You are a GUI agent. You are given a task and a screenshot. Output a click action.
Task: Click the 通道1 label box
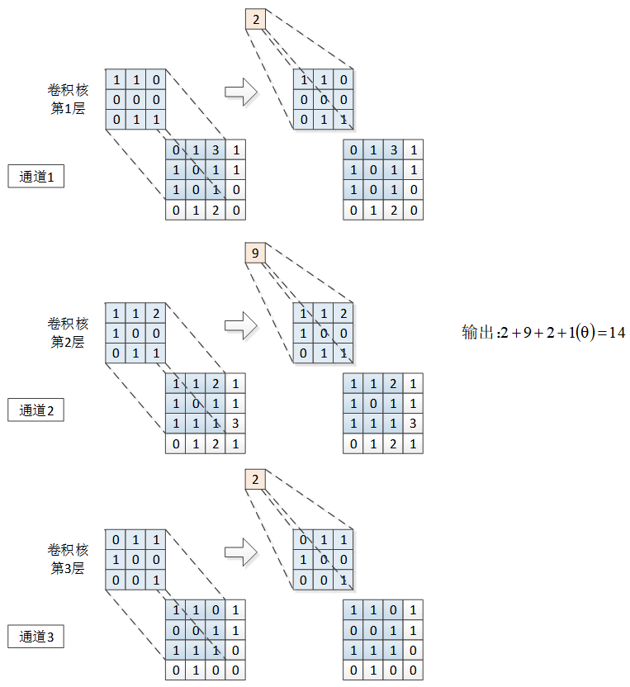(36, 176)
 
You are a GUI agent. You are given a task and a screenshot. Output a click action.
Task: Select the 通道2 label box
(36, 410)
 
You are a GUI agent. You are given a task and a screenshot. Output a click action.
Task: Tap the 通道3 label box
(36, 637)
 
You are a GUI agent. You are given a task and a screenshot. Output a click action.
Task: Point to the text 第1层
(68, 108)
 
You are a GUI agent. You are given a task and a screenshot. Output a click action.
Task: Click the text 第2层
(68, 342)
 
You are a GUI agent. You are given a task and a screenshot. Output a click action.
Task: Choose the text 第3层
(68, 569)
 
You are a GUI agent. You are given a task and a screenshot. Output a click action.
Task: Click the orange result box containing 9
(256, 253)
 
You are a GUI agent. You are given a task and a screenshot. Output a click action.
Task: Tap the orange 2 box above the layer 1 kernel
(256, 18)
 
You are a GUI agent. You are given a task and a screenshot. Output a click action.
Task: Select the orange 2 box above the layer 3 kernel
(256, 480)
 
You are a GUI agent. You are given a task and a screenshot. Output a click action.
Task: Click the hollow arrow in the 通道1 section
(241, 92)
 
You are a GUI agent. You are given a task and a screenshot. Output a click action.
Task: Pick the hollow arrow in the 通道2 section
(241, 325)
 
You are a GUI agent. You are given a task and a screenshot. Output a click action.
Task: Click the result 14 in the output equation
(616, 333)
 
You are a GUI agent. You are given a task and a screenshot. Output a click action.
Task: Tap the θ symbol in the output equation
(584, 333)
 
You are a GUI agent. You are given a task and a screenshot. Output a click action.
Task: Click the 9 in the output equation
(526, 333)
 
